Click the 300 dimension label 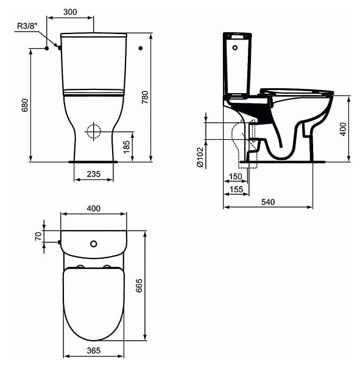pos(70,12)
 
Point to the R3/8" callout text pos(27,26)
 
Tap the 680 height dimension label pos(25,105)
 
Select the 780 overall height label pos(145,97)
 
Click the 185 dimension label pos(126,147)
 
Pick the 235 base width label pos(93,174)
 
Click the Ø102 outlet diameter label pos(200,157)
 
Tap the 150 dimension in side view pos(236,176)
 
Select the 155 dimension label pos(236,189)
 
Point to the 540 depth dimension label pos(268,202)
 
